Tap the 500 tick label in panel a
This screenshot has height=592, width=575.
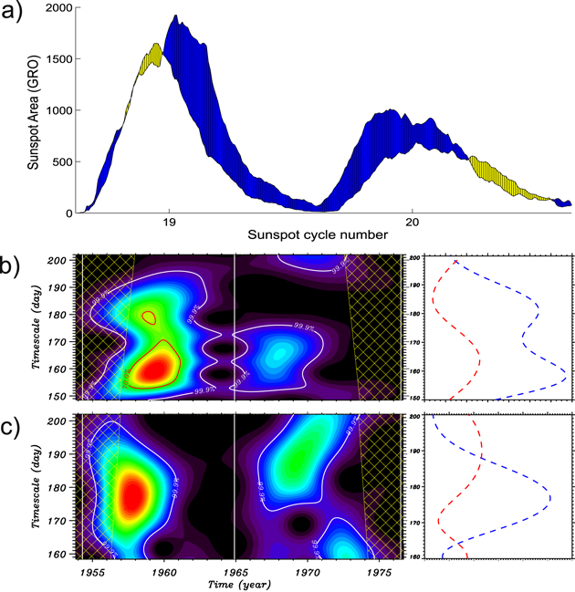point(63,162)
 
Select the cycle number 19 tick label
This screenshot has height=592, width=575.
point(169,222)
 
